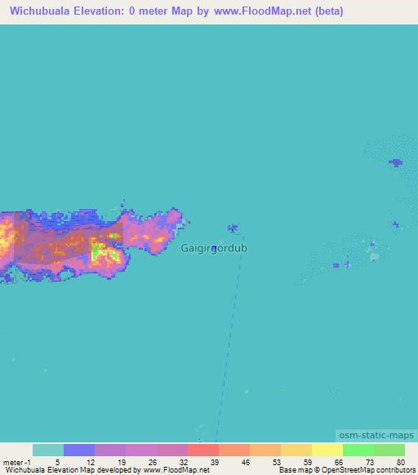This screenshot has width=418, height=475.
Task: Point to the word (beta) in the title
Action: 326,11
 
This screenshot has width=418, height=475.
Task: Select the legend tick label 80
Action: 400,461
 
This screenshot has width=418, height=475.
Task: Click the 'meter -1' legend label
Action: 18,461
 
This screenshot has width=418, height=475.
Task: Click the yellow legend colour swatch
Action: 327,450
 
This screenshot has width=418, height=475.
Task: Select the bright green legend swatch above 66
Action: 358,450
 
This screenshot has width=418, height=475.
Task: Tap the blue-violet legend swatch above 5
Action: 79,450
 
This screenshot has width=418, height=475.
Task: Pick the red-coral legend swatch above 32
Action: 202,450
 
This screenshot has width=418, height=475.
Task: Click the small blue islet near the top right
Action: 396,163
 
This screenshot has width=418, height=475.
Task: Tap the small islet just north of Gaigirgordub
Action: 233,229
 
